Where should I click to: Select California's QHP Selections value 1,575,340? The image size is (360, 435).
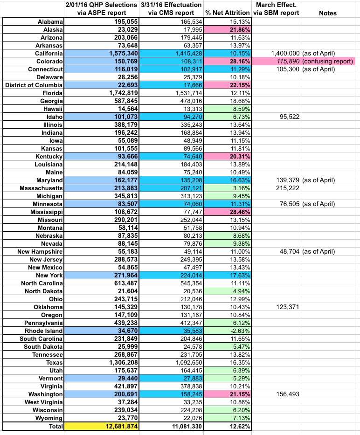pyautogui.click(x=120, y=53)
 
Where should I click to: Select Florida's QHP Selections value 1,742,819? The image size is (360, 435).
pyautogui.click(x=120, y=93)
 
